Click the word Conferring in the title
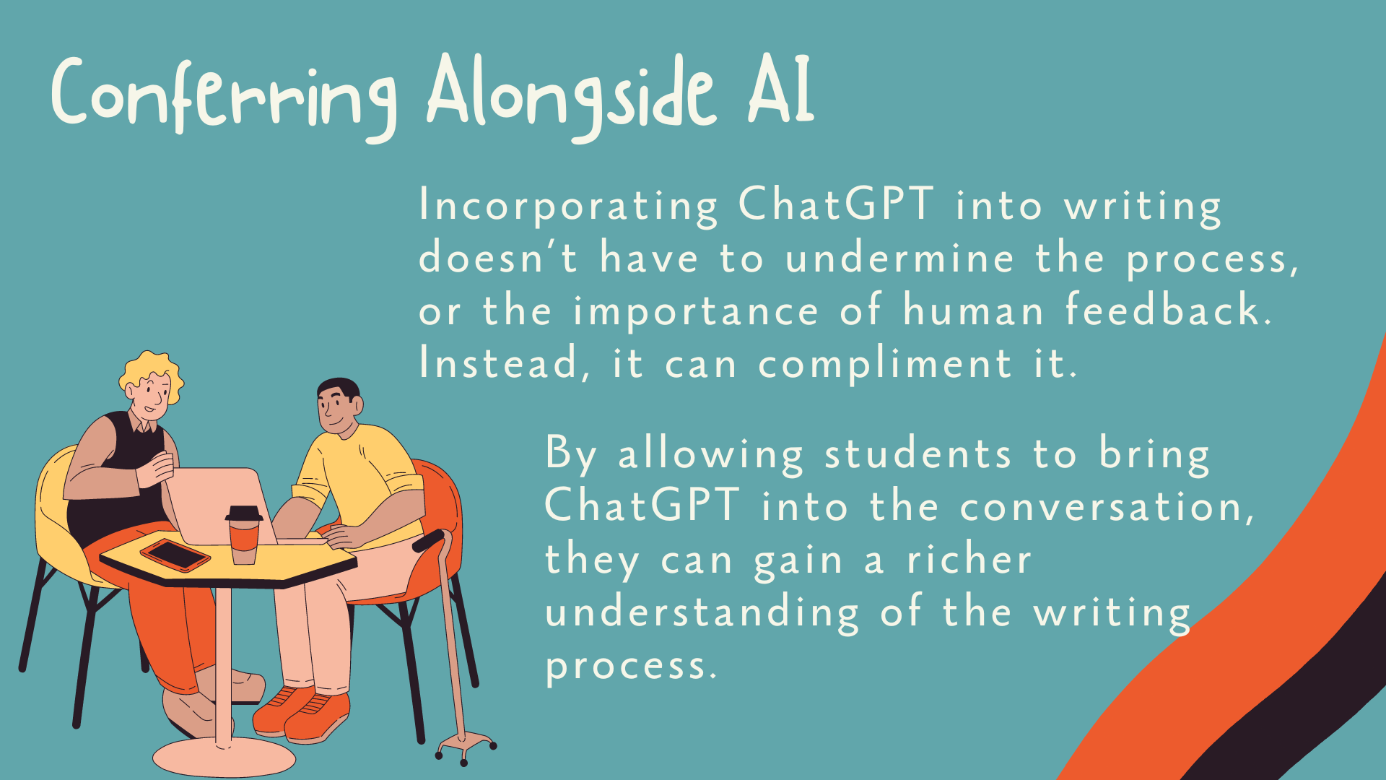point(224,97)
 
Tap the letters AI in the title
point(781,90)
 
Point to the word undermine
point(899,259)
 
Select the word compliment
point(885,364)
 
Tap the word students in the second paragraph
point(918,455)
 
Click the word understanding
point(702,613)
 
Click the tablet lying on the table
point(175,555)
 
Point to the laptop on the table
point(217,506)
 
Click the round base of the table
point(224,758)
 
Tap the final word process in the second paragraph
point(630,666)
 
